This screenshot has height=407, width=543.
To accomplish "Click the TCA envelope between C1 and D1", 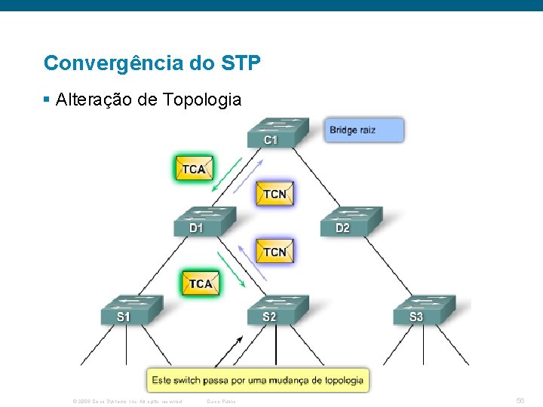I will tap(194, 168).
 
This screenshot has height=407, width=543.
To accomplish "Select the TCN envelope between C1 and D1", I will tap(275, 193).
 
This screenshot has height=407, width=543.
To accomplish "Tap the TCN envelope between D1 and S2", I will tap(275, 251).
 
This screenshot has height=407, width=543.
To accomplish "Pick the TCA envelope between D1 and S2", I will tap(201, 283).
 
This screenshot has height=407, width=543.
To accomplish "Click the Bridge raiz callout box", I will tap(364, 130).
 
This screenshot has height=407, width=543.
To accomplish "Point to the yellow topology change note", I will tap(257, 380).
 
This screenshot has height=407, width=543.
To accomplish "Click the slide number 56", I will tap(520, 400).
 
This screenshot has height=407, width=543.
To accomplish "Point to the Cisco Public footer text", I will tap(221, 401).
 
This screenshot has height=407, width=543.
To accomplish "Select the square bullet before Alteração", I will tap(47, 99).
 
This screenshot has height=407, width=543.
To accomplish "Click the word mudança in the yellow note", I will tap(287, 380).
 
